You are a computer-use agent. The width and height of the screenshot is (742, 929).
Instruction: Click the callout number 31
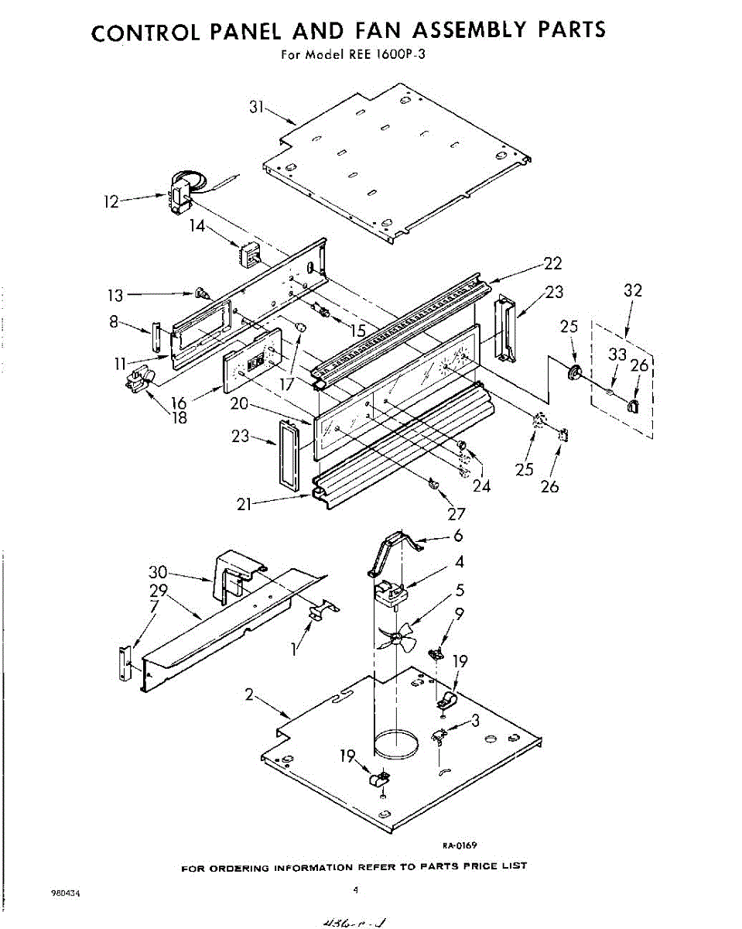coord(257,108)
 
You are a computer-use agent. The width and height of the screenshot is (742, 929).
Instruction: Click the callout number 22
coord(552,264)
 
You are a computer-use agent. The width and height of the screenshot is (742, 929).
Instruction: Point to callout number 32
coord(632,291)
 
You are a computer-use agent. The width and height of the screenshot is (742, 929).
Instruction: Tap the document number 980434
coord(65,893)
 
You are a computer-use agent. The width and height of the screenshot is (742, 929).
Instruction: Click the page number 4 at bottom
coord(355,890)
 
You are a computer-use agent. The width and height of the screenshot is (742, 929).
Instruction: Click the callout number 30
coord(158,573)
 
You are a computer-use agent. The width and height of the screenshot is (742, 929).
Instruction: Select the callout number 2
coord(249,695)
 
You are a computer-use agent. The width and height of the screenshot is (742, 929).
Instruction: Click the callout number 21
coord(247,504)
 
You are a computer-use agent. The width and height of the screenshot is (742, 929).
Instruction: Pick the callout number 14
coord(197,227)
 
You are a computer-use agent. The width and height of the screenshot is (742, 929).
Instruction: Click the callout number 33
coord(616,355)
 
